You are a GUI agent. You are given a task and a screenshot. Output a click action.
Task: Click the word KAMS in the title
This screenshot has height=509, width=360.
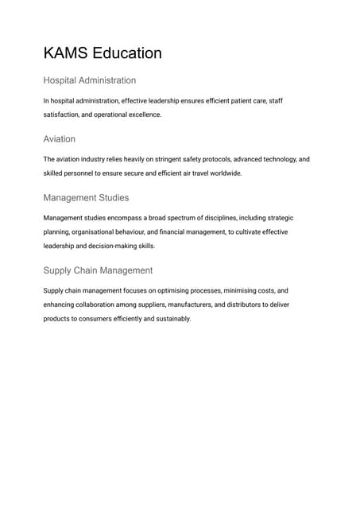click(x=65, y=53)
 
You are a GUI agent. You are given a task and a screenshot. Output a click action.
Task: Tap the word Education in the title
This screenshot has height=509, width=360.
click(x=127, y=53)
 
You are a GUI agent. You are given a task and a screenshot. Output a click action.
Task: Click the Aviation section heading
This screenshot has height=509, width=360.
click(x=60, y=139)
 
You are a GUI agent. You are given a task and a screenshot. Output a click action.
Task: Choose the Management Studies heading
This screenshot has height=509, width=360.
click(x=86, y=197)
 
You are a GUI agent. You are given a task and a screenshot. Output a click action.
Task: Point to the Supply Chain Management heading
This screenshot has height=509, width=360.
click(x=98, y=270)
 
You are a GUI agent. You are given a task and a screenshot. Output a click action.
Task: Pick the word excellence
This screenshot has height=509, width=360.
click(x=141, y=115)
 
